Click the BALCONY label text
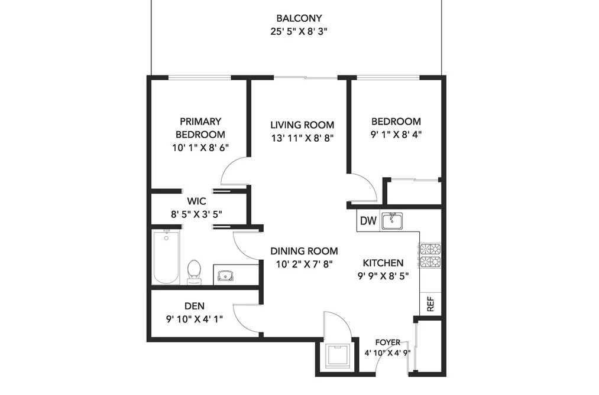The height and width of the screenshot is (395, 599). tap(299, 18)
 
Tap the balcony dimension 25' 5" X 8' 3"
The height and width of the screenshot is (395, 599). tap(299, 32)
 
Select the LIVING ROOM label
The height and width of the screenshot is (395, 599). tap(302, 125)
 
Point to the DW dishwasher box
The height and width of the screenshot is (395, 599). tap(368, 221)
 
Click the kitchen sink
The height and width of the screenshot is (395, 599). tap(392, 221)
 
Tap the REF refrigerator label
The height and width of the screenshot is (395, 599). tap(430, 304)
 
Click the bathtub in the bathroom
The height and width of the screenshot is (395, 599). tap(166, 257)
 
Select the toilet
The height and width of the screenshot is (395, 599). tap(195, 272)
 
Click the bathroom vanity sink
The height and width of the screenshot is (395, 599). tap(225, 275)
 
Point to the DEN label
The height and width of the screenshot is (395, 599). tap(195, 306)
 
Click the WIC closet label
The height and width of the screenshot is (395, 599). tap(196, 201)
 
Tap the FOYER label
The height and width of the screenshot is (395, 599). tap(388, 342)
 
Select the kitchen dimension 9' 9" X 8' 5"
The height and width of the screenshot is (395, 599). tap(383, 276)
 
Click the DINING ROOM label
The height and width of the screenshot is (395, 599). tap(304, 252)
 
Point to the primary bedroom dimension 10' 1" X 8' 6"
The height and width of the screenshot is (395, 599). tap(200, 148)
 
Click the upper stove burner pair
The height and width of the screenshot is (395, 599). tap(430, 249)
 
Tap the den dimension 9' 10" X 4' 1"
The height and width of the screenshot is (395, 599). tap(195, 319)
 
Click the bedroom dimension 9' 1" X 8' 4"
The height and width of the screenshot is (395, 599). tap(396, 135)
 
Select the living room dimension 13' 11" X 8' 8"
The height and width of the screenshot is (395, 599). tap(303, 138)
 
